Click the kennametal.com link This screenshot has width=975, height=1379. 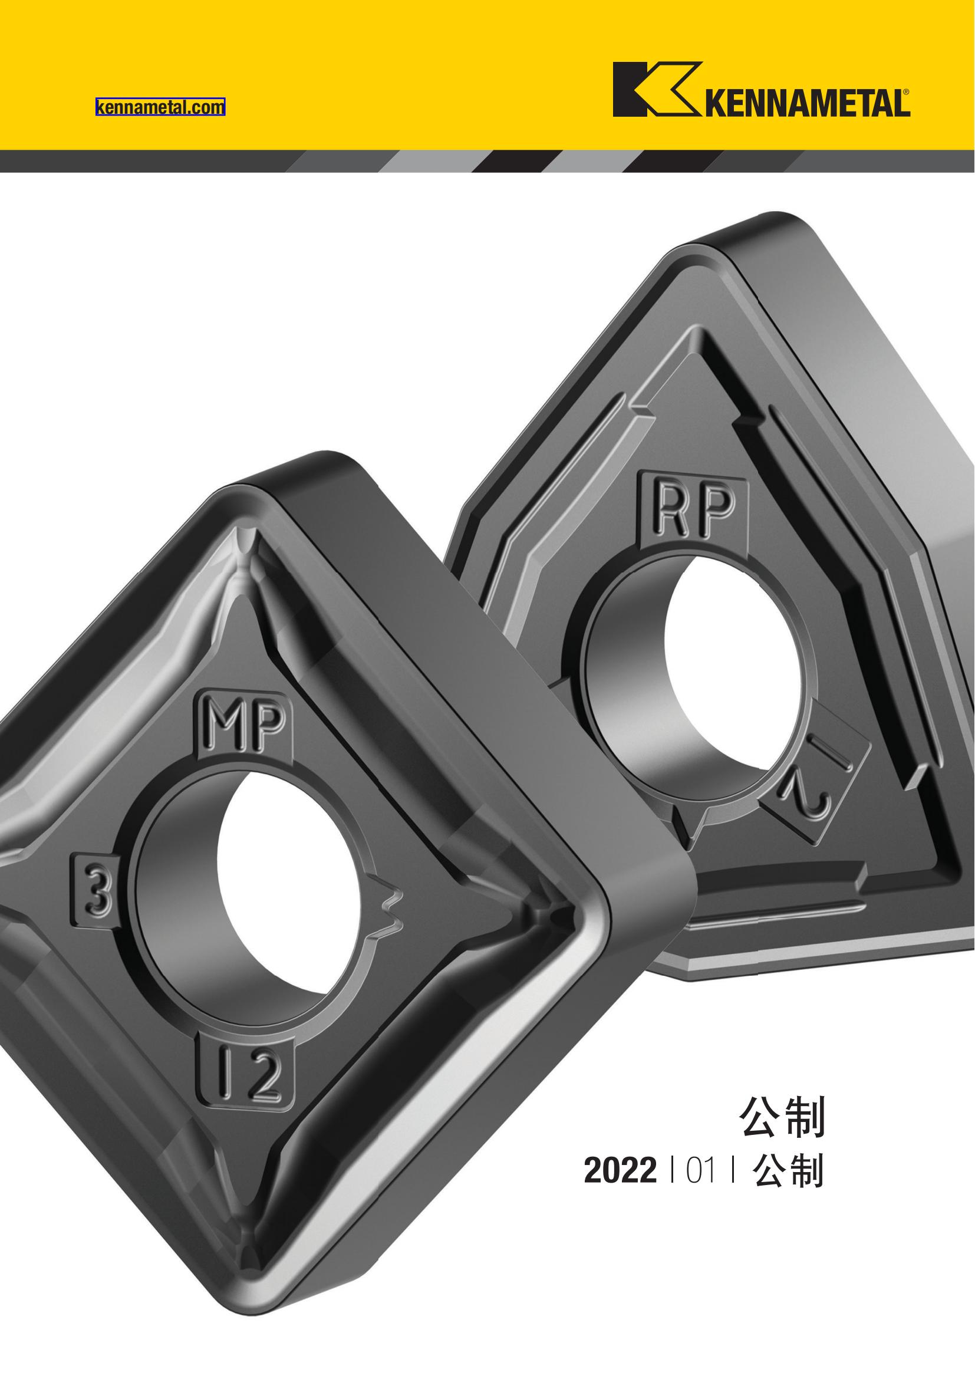tap(160, 107)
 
